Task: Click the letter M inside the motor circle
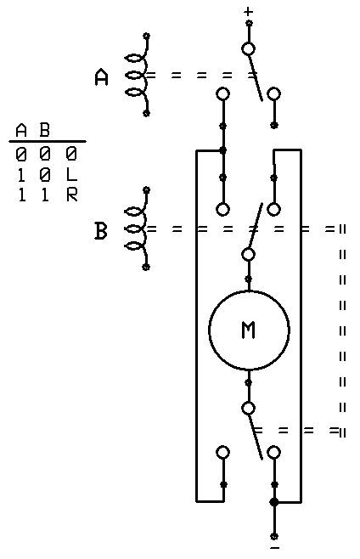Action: click(249, 330)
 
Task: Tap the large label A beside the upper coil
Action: click(102, 77)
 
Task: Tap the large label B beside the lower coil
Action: click(100, 231)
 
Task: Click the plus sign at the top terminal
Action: click(249, 12)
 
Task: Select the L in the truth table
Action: click(71, 174)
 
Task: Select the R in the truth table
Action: click(72, 195)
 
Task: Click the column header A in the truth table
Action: click(21, 130)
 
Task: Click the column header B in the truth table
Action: click(44, 130)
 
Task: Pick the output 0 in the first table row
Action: click(71, 154)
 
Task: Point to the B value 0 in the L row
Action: click(45, 174)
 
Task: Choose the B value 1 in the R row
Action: click(44, 195)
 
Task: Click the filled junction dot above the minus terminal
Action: click(273, 502)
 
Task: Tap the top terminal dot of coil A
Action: click(146, 36)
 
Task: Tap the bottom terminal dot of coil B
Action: click(145, 267)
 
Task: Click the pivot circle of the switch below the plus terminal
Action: click(249, 48)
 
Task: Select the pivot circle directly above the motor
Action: click(249, 254)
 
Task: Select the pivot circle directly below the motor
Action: click(249, 409)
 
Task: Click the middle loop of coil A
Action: click(133, 76)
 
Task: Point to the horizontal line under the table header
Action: click(48, 142)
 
